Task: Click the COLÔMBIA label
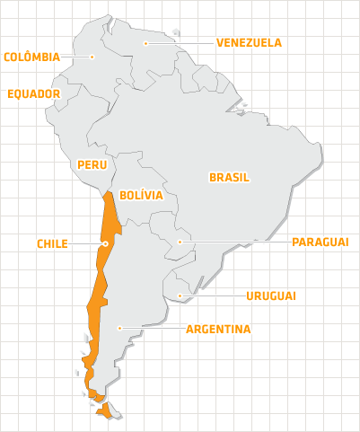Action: pyautogui.click(x=31, y=57)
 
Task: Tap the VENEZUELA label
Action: pyautogui.click(x=249, y=42)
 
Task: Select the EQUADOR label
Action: pyautogui.click(x=33, y=93)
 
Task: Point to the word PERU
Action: pyautogui.click(x=92, y=164)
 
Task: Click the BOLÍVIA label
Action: pyautogui.click(x=140, y=194)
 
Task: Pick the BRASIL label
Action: pyautogui.click(x=229, y=177)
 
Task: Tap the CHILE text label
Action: pyautogui.click(x=52, y=243)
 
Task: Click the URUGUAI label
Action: pyautogui.click(x=270, y=295)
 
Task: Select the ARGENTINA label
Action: pyautogui.click(x=218, y=329)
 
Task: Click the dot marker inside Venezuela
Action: pyautogui.click(x=146, y=42)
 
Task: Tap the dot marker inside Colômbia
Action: pyautogui.click(x=92, y=57)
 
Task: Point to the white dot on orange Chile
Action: pyautogui.click(x=106, y=242)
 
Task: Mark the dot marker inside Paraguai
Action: pyautogui.click(x=180, y=242)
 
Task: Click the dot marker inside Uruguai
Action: pyautogui.click(x=180, y=295)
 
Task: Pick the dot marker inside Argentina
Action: pyautogui.click(x=119, y=329)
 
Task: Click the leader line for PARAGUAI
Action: pyautogui.click(x=233, y=242)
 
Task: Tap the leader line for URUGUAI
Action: pyautogui.click(x=211, y=295)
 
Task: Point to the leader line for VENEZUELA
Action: pyautogui.click(x=180, y=42)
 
